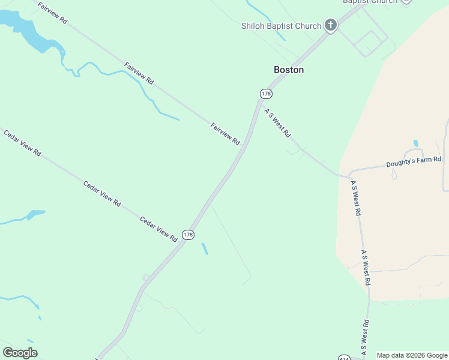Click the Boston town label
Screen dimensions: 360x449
pyautogui.click(x=289, y=70)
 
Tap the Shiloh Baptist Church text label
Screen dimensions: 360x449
pyautogui.click(x=281, y=26)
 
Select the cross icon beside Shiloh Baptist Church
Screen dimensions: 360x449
pyautogui.click(x=330, y=25)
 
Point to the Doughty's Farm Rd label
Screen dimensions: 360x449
pyautogui.click(x=414, y=161)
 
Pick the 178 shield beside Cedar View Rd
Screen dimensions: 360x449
pyautogui.click(x=188, y=235)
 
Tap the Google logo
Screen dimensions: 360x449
pyautogui.click(x=20, y=353)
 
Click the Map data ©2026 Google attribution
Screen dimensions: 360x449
pyautogui.click(x=412, y=355)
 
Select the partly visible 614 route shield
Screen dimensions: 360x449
pyautogui.click(x=343, y=358)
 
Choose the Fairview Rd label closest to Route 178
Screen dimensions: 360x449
pyautogui.click(x=225, y=134)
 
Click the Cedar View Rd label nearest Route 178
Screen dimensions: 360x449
pyautogui.click(x=158, y=229)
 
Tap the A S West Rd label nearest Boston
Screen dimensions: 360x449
pyautogui.click(x=277, y=122)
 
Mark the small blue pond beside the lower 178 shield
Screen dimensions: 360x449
pyautogui.click(x=205, y=248)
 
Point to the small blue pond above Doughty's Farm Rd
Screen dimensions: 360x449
pyautogui.click(x=415, y=143)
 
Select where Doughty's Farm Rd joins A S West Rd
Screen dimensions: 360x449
pyautogui.click(x=349, y=176)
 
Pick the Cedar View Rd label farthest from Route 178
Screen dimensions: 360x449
pyautogui.click(x=22, y=143)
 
